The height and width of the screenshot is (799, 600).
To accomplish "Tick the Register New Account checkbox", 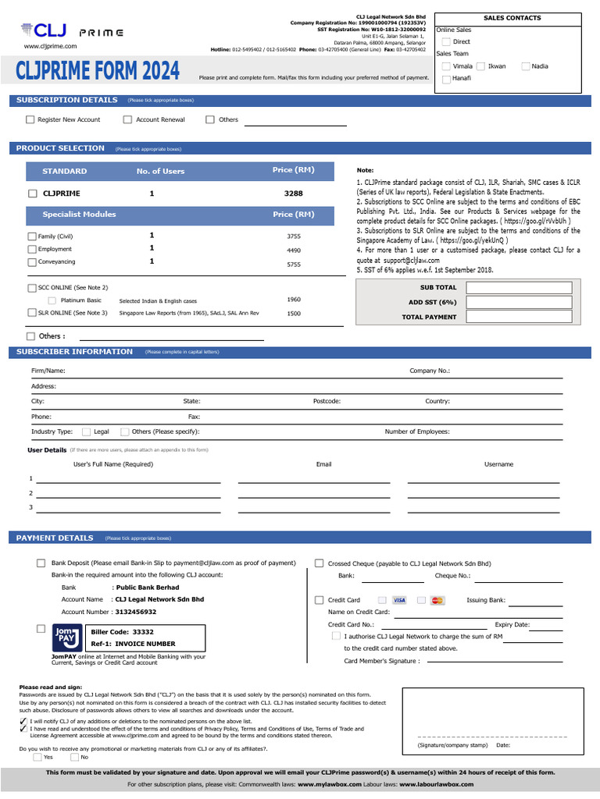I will (x=30, y=119).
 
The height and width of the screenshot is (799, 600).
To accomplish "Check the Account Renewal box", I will (x=128, y=119).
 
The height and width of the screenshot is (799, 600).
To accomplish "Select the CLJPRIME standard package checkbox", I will (x=33, y=194).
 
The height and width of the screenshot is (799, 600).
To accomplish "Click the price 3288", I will (x=294, y=194).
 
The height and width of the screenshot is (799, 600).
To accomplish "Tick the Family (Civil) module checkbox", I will (x=32, y=236).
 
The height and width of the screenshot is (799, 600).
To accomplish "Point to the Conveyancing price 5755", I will (x=294, y=265).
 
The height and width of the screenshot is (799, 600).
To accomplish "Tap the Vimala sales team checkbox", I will (x=446, y=66).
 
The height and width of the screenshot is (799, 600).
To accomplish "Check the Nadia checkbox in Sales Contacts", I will (x=526, y=66).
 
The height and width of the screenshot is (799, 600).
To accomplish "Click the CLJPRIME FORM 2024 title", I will (x=98, y=72).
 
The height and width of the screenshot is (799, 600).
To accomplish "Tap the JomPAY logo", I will (x=66, y=637).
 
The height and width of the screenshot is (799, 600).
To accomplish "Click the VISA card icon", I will (x=399, y=600).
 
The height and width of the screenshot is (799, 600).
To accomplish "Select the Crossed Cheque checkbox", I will (x=320, y=563).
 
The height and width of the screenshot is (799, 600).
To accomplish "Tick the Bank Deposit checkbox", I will (x=41, y=563).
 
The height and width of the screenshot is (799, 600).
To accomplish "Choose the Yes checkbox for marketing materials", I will (x=37, y=757).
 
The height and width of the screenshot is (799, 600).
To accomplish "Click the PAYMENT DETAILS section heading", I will (x=55, y=538).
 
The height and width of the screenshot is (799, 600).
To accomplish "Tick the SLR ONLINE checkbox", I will (x=32, y=313).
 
